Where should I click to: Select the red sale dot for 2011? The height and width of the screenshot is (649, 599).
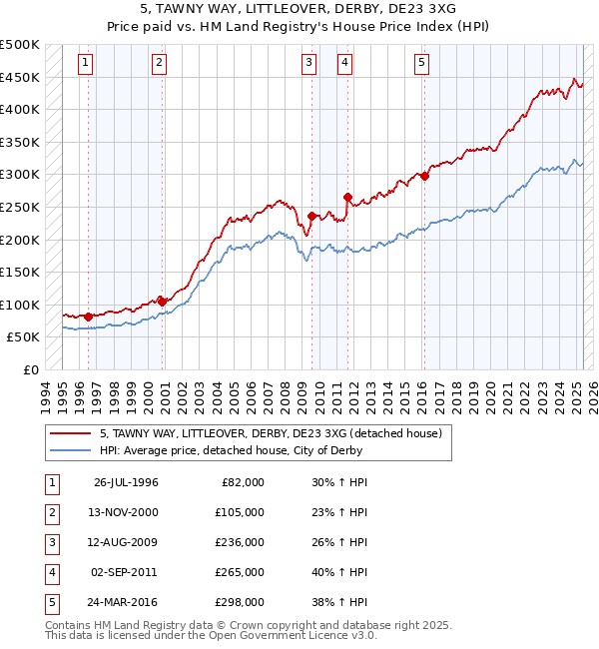click(347, 198)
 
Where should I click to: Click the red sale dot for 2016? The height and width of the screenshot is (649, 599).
click(424, 177)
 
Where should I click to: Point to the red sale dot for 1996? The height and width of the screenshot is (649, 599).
click(88, 317)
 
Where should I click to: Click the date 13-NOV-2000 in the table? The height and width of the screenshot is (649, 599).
click(126, 512)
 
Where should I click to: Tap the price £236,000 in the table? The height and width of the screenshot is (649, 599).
click(240, 542)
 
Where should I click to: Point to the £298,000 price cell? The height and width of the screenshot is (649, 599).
click(240, 602)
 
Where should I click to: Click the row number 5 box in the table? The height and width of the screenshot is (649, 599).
click(51, 602)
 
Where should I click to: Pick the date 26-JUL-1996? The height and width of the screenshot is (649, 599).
click(126, 482)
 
